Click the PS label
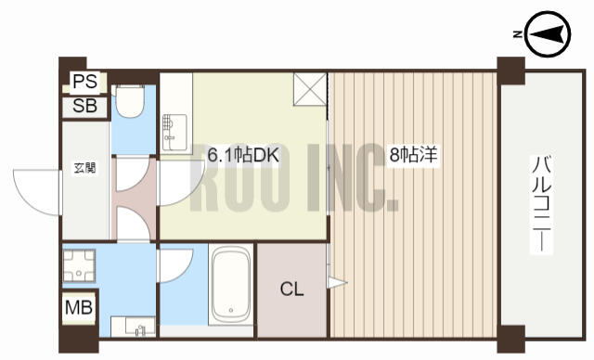(x=84, y=82)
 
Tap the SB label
(x=84, y=106)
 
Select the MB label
(x=79, y=307)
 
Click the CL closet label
(x=291, y=289)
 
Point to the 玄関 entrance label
(x=84, y=168)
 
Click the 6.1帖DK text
(x=243, y=155)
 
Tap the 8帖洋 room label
(x=413, y=155)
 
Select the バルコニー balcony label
(x=542, y=205)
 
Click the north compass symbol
(x=549, y=35)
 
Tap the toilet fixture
(x=130, y=100)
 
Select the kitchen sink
(x=174, y=132)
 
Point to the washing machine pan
(x=78, y=265)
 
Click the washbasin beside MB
(x=133, y=327)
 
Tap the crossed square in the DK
(x=310, y=89)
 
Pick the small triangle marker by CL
(x=337, y=282)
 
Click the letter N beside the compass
(x=518, y=35)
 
